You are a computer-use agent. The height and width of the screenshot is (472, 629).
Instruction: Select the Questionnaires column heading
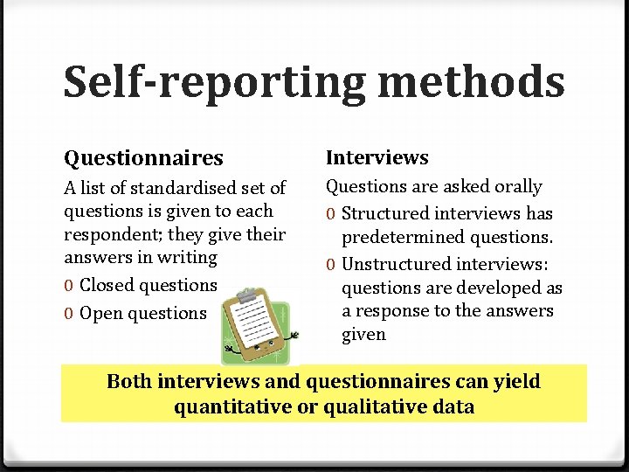pyautogui.click(x=143, y=158)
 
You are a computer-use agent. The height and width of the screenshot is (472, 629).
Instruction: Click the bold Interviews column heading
pyautogui.click(x=377, y=157)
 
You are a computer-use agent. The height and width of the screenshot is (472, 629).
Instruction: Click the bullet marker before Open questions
pyautogui.click(x=68, y=313)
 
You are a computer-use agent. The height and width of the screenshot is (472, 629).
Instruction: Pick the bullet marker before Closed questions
pyautogui.click(x=68, y=286)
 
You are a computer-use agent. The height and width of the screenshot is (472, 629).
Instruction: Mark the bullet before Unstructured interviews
pyautogui.click(x=331, y=264)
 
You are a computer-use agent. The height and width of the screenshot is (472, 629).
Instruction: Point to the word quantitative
pyautogui.click(x=230, y=406)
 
